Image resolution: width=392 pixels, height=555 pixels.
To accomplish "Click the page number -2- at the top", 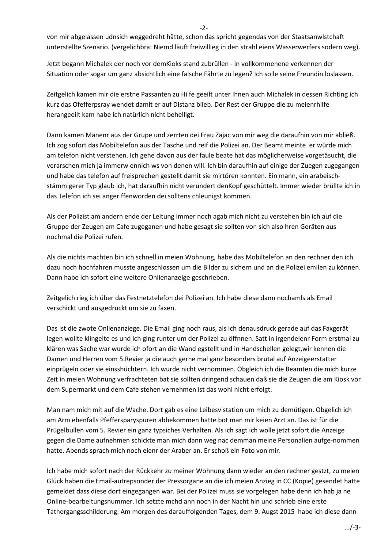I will pyautogui.click(x=204, y=28).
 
